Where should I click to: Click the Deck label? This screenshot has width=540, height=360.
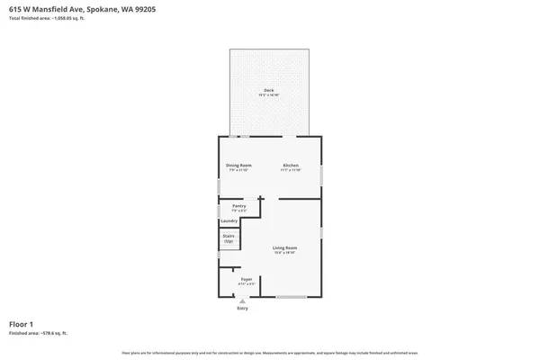click(x=268, y=89)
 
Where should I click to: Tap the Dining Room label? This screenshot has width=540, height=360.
click(x=238, y=166)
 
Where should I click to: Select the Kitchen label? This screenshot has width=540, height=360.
click(x=291, y=166)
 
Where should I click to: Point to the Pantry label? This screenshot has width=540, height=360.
click(x=238, y=206)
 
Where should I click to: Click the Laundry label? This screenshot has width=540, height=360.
click(x=229, y=220)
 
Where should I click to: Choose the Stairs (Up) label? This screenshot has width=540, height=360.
click(x=229, y=238)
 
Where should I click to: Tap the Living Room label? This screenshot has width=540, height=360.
click(x=285, y=247)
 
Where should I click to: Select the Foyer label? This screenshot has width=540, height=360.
click(x=245, y=280)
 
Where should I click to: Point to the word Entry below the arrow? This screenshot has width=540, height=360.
click(x=242, y=309)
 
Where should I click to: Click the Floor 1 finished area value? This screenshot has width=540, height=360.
click(x=38, y=333)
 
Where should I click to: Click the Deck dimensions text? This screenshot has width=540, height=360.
click(x=268, y=94)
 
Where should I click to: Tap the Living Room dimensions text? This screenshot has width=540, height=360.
click(x=285, y=252)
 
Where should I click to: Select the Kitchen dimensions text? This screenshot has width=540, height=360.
click(x=291, y=170)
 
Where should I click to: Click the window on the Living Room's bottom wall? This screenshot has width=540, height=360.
click(x=291, y=297)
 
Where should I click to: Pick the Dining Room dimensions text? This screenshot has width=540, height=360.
click(x=238, y=170)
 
